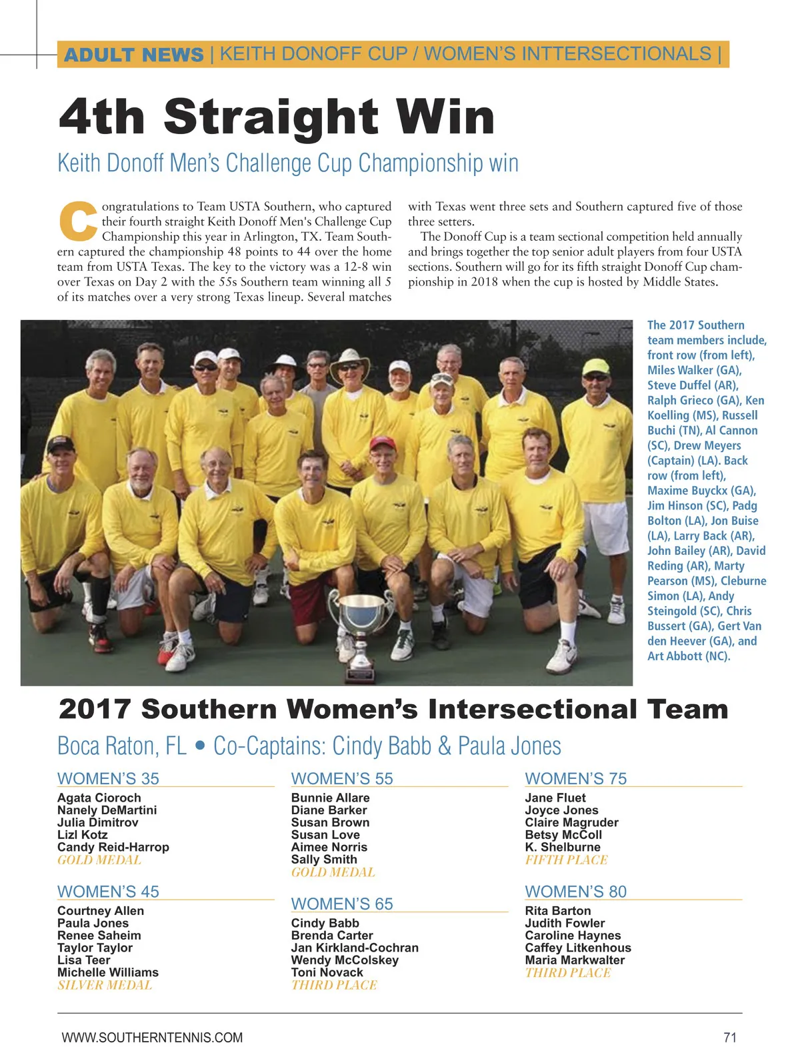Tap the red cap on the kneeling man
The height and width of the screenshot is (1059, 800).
click(383, 443)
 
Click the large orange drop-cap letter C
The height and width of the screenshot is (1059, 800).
click(78, 221)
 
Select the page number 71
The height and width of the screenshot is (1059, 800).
click(729, 1037)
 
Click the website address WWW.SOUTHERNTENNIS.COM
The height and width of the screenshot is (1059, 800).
click(152, 1037)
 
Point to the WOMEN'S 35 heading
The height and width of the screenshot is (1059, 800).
click(108, 778)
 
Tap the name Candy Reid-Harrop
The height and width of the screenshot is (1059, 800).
click(113, 847)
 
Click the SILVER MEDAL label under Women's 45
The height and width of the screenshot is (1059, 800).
click(105, 985)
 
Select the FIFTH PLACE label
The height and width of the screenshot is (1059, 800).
click(566, 860)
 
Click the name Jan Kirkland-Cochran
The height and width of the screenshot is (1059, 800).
click(355, 948)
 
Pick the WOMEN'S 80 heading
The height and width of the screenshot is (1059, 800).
click(575, 892)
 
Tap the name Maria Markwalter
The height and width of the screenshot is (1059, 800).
click(575, 960)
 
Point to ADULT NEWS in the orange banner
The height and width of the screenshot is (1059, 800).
click(133, 55)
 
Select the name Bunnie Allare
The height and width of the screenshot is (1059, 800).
click(330, 798)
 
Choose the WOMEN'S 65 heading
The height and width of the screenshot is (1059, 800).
click(342, 904)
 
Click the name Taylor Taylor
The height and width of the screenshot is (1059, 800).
click(95, 948)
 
